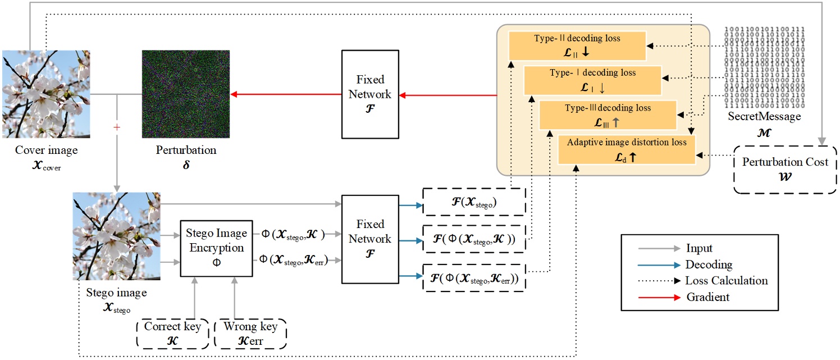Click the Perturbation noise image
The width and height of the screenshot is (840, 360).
click(x=186, y=94)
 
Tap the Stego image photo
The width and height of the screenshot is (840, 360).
click(x=116, y=236)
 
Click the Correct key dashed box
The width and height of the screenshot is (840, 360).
click(x=172, y=334)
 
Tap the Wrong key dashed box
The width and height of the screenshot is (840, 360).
click(x=251, y=334)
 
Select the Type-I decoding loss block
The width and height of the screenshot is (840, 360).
click(x=592, y=80)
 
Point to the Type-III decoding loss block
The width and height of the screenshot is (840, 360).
click(x=607, y=115)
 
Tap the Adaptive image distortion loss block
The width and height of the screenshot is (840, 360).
click(x=626, y=149)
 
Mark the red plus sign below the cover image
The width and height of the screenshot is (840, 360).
click(x=117, y=127)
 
